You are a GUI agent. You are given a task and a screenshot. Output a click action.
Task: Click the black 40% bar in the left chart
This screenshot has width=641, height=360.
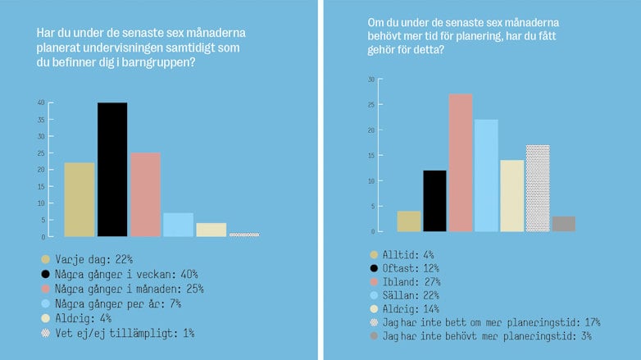[112, 170]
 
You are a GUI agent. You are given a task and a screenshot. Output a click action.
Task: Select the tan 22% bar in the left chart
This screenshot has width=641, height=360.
[79, 200]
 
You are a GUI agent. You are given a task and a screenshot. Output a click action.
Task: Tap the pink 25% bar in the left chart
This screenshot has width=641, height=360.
[145, 195]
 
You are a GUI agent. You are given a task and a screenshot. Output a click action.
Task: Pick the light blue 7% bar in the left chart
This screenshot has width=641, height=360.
[178, 225]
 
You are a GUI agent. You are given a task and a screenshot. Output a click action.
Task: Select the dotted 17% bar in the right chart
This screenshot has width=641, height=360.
[538, 189]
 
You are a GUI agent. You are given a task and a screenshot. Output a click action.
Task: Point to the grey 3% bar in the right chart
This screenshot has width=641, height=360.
[564, 224]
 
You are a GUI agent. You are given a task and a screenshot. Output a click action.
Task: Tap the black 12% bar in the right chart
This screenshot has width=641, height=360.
[434, 201]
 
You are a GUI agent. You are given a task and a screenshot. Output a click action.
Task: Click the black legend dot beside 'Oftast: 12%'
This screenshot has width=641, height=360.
[375, 268]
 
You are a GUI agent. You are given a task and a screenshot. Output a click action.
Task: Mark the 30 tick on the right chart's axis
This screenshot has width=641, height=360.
[371, 80]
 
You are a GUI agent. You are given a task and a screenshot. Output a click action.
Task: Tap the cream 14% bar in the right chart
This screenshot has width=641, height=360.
[511, 196]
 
